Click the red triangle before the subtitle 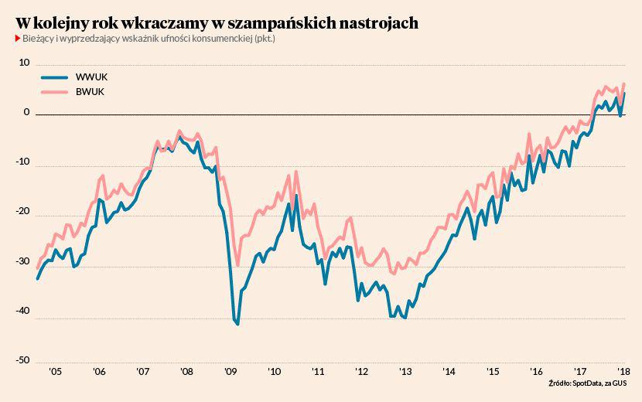pyautogui.click(x=17, y=39)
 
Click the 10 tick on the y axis pyautogui.click(x=24, y=63)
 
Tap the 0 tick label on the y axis pyautogui.click(x=26, y=112)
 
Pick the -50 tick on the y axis pyautogui.click(x=22, y=359)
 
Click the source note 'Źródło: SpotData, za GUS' pyautogui.click(x=588, y=383)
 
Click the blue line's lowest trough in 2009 pyautogui.click(x=237, y=324)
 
